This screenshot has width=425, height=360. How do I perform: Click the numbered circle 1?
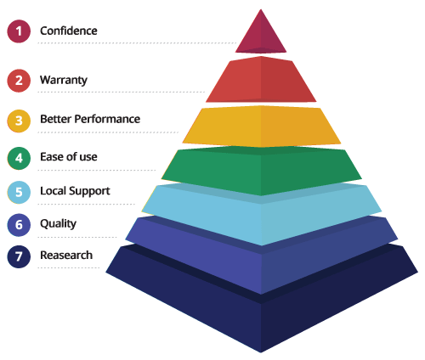coord(19,31)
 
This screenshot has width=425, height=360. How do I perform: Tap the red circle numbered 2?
coord(19,81)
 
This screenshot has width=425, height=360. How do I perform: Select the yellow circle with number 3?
coord(19,121)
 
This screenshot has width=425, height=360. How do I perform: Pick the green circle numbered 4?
coord(19,158)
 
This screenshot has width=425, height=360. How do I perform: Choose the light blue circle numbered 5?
coord(19,192)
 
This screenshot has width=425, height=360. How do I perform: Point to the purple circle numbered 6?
coord(19,225)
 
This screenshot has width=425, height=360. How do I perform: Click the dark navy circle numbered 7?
coord(19,256)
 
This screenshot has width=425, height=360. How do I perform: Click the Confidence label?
coord(69,31)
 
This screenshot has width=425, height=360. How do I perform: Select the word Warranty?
coord(64,81)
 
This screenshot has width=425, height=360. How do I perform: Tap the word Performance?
coord(107,119)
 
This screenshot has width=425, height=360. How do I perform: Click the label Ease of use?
coord(69,156)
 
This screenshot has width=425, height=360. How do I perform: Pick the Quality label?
coord(58,224)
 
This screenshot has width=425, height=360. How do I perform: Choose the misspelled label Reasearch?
coord(66,255)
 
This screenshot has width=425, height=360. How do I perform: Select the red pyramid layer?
coord(261,80)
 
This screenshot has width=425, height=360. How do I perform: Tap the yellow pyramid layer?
coord(261,127)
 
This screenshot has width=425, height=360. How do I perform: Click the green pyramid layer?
coord(261,170)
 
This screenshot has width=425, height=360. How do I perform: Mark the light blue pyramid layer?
coord(261,215)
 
